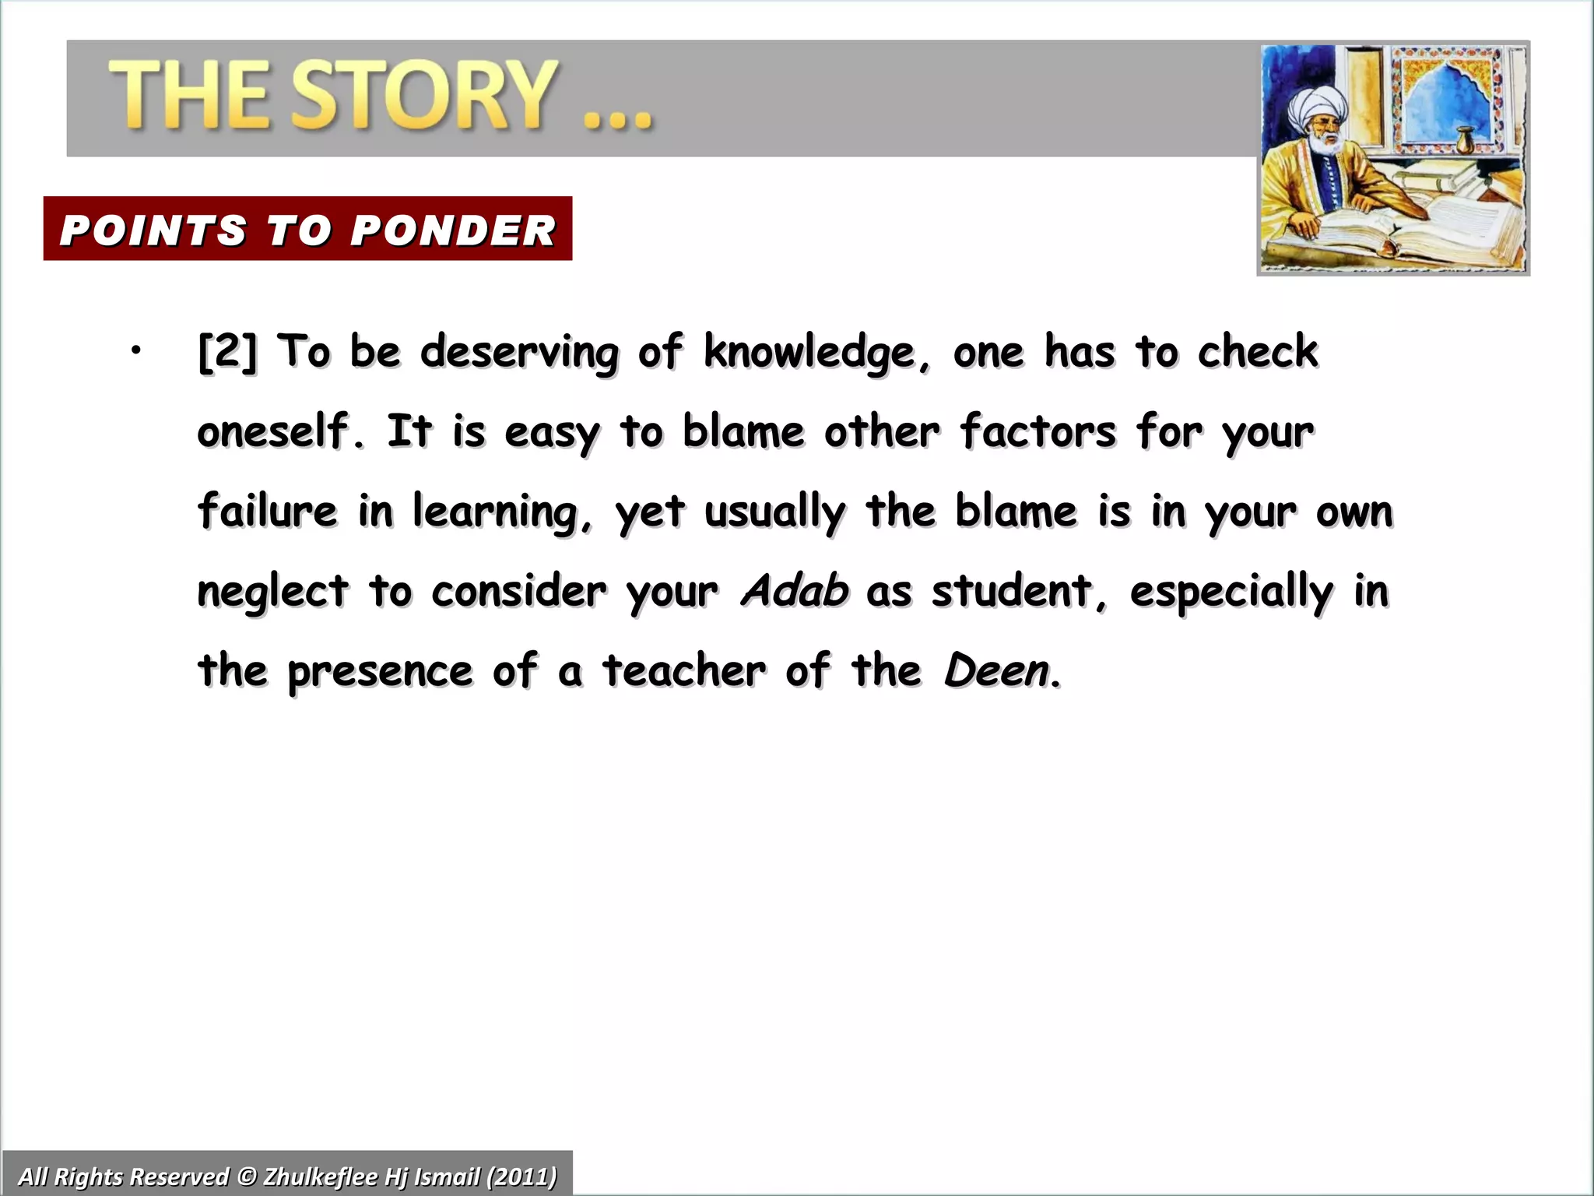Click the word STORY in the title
[425, 95]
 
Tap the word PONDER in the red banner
[453, 230]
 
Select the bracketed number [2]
[226, 351]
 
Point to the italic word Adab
[795, 590]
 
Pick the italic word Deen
[997, 670]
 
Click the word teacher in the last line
[684, 670]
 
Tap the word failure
[268, 511]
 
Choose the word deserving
[519, 353]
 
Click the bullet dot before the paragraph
[136, 351]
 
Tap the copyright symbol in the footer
[247, 1176]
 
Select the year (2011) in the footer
[521, 1176]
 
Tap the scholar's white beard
[1321, 145]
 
